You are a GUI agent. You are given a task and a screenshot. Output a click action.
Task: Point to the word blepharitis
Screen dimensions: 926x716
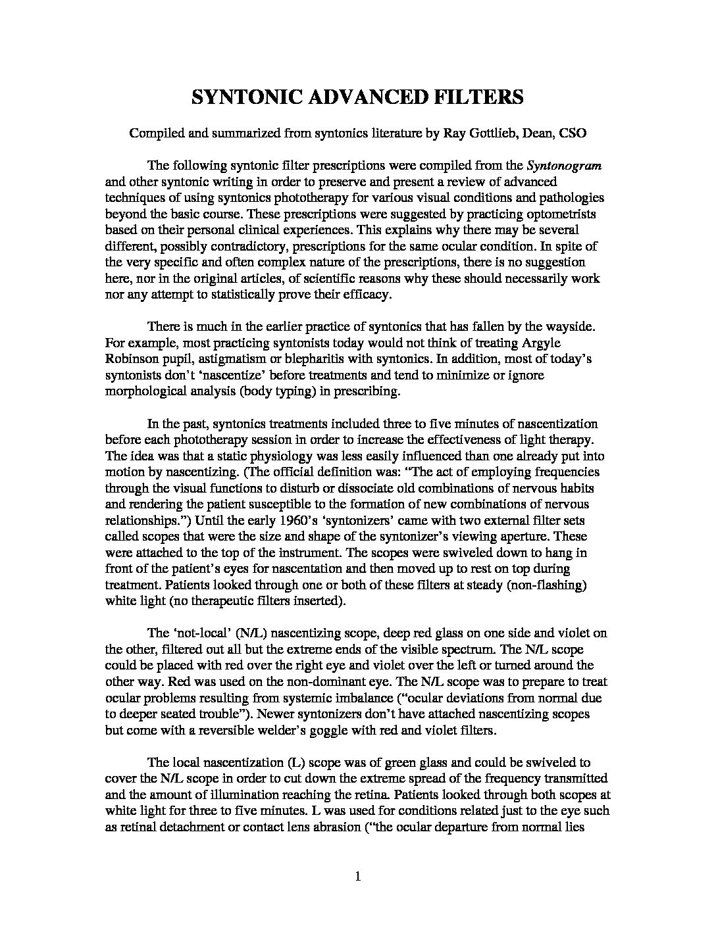click(x=313, y=359)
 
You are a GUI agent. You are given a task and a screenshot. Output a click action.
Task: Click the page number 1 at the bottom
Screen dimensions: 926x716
click(x=358, y=875)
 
